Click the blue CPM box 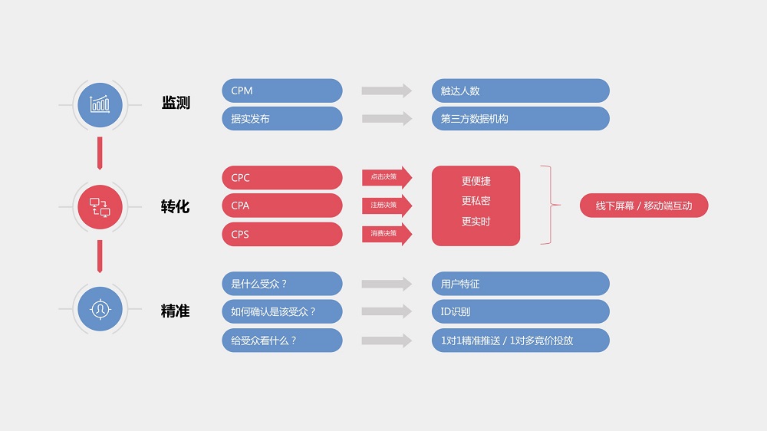[281, 90]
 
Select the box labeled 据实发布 [281, 119]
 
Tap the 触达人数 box [520, 90]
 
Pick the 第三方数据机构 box [520, 119]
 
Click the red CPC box [281, 178]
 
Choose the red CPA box [281, 206]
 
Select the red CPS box [281, 234]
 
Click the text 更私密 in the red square [476, 202]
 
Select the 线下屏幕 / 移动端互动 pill [644, 206]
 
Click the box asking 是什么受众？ [281, 284]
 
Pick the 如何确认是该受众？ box [281, 312]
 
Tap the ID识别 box [520, 312]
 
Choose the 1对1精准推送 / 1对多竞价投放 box [520, 341]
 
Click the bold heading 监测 [176, 103]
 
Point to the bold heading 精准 [176, 311]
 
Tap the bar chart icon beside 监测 [100, 104]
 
